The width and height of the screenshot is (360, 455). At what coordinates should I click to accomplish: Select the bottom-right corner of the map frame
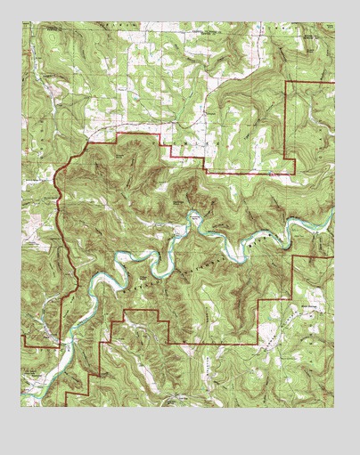[335, 407]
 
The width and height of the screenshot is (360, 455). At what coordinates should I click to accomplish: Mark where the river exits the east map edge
[333, 214]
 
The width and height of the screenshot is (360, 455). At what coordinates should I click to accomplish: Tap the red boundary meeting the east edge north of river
[334, 82]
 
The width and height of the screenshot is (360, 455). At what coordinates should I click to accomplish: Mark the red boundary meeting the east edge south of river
[334, 257]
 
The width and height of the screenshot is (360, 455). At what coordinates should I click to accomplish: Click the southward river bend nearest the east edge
[290, 239]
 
